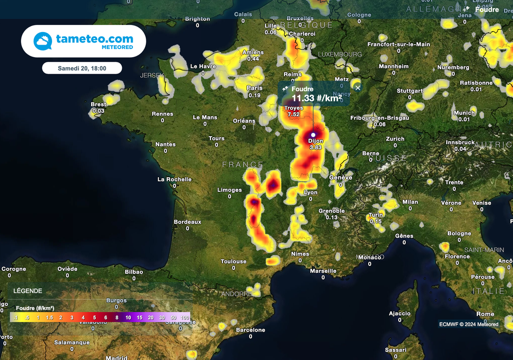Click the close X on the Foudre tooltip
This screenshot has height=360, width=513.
point(358,88)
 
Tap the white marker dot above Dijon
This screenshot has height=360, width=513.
point(313,135)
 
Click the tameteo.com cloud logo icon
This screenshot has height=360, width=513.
point(43,41)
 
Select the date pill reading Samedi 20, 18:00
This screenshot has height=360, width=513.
point(82,68)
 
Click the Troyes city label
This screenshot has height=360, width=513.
point(294,108)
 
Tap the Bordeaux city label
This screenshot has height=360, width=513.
point(187,222)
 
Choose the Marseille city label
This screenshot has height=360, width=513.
point(323,271)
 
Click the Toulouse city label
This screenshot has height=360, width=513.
point(233,261)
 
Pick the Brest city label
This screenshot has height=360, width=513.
point(98,105)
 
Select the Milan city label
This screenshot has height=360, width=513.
point(410,202)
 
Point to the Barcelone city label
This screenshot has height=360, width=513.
point(250,330)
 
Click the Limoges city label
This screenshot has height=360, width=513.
point(229,190)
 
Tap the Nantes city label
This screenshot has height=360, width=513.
point(165,144)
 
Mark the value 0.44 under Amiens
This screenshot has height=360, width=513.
point(253,59)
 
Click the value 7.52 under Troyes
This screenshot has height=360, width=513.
point(294,115)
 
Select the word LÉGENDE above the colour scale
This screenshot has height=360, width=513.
point(28,291)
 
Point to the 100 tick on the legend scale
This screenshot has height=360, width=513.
point(185,317)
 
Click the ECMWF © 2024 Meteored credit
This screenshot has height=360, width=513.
point(468,324)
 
